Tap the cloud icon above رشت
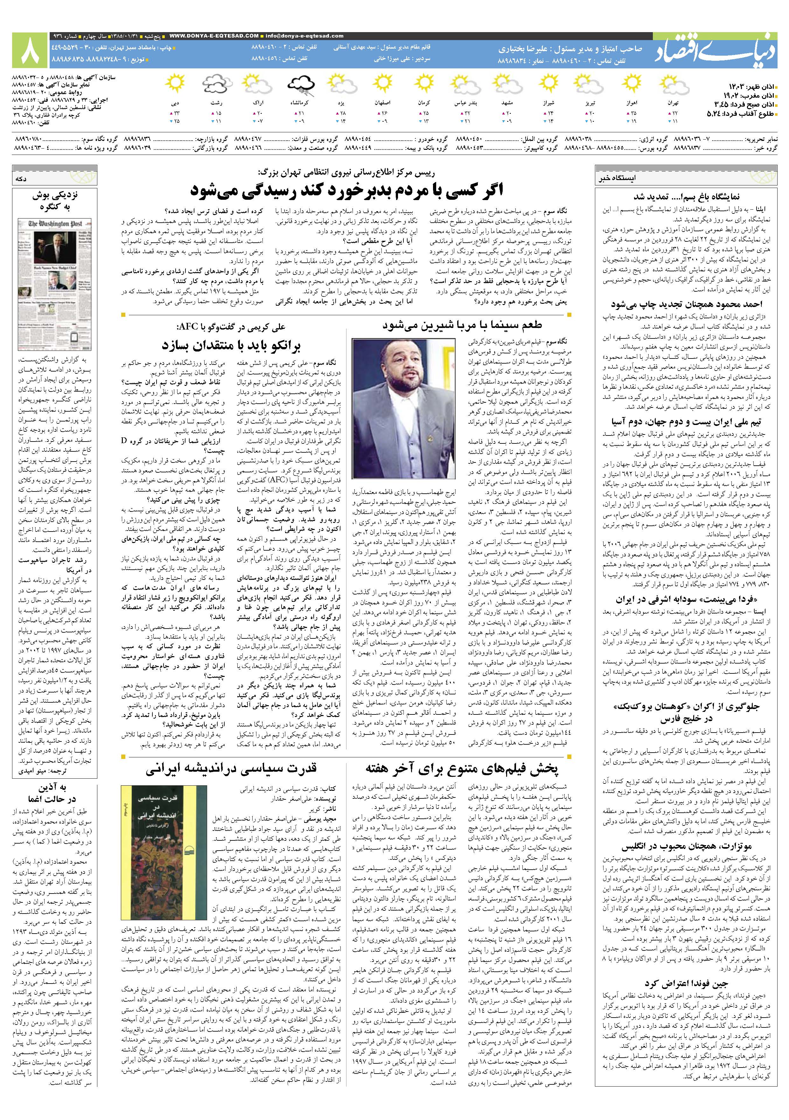pos(216,84)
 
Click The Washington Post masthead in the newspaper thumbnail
pos(54,224)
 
